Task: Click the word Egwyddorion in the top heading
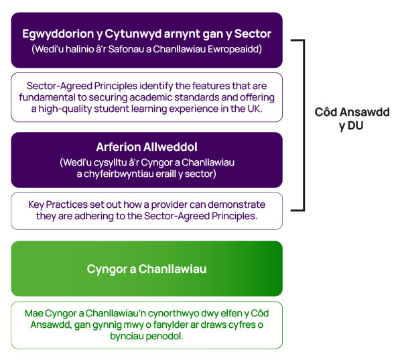tap(58, 34)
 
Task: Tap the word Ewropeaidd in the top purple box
tap(234, 49)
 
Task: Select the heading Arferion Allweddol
tap(147, 147)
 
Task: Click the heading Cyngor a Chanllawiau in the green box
tap(147, 269)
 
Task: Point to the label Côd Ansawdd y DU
tap(352, 119)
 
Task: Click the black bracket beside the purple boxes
tap(304, 125)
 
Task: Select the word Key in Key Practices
tap(36, 204)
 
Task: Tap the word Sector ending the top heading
tap(253, 34)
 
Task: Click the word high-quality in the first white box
tap(65, 109)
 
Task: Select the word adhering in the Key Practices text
tap(94, 217)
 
